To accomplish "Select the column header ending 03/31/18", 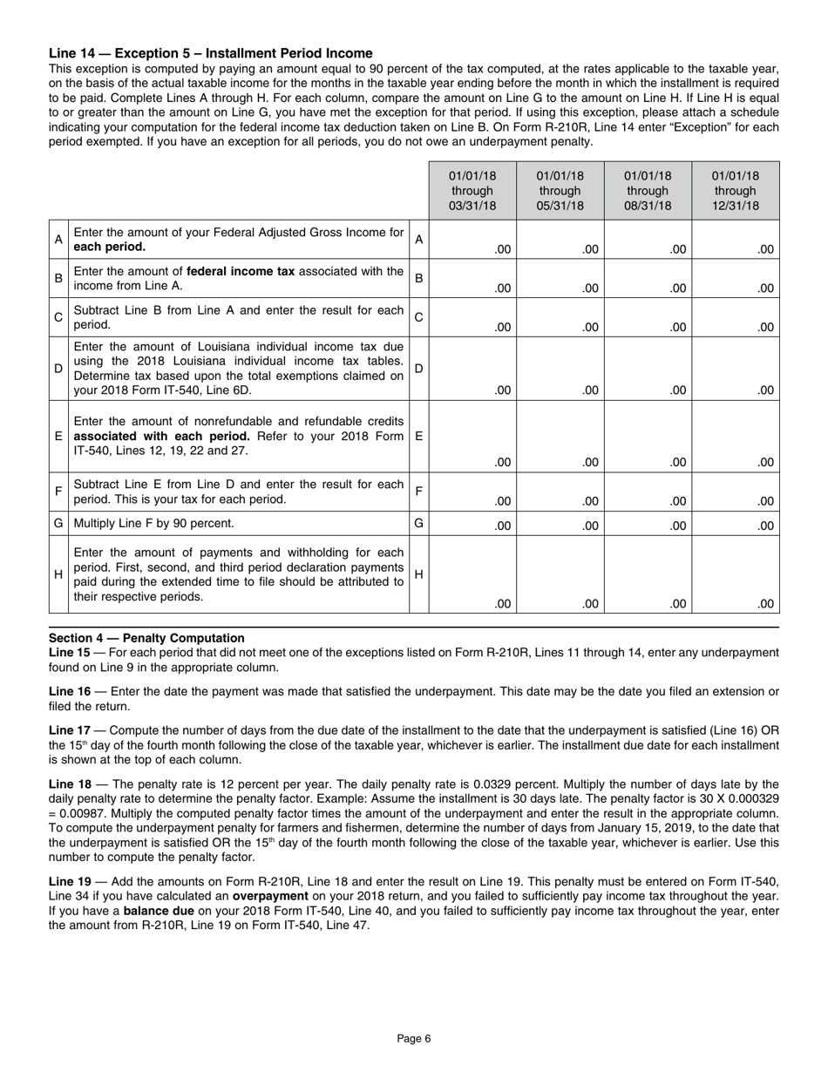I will (472, 191).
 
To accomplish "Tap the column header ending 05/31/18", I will (560, 191).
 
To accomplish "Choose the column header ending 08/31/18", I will (648, 191).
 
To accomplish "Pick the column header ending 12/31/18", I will (736, 191).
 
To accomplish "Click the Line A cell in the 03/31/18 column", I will (472, 240).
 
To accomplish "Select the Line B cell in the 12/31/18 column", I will (736, 279).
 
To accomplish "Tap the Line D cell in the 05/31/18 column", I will (560, 369).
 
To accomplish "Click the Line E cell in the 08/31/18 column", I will (648, 436).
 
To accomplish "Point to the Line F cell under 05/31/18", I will (560, 492).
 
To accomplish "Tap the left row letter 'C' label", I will (58, 318).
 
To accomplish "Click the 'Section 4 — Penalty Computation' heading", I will (146, 638).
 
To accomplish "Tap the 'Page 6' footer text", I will (414, 1038).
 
